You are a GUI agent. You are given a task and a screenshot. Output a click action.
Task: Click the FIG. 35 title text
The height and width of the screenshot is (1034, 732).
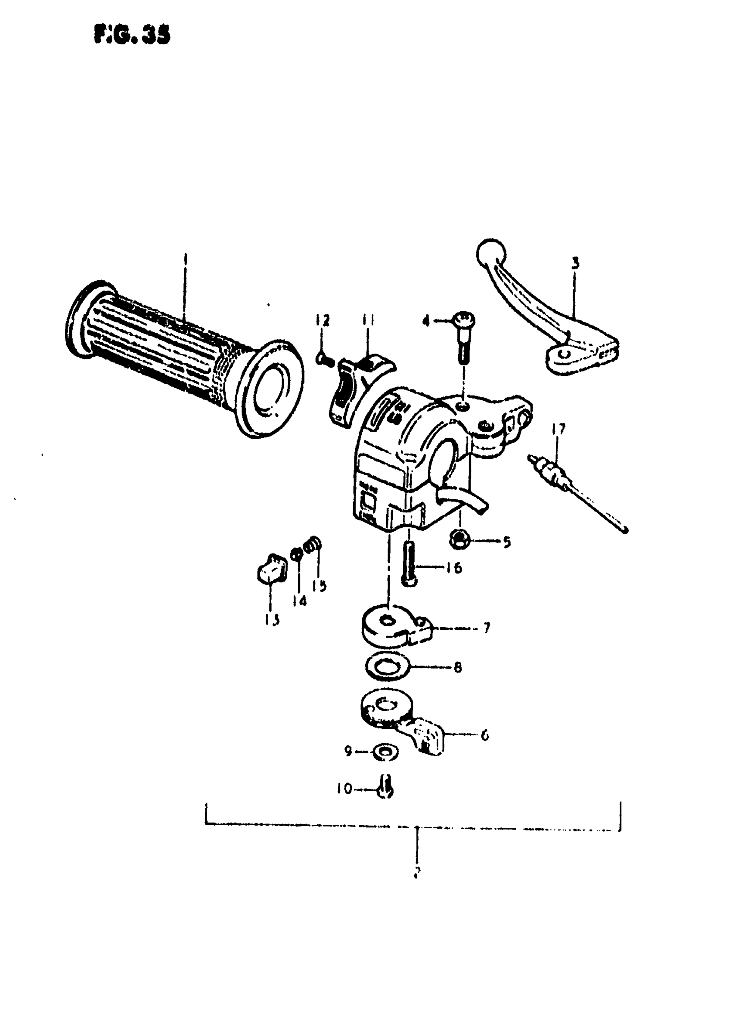pos(132,35)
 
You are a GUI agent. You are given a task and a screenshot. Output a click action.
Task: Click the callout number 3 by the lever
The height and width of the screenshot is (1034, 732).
pos(575,263)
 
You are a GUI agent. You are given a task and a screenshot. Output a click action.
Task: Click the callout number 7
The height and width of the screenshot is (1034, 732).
pos(486,628)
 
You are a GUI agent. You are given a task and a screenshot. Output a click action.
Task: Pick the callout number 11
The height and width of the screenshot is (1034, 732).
pos(369,320)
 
